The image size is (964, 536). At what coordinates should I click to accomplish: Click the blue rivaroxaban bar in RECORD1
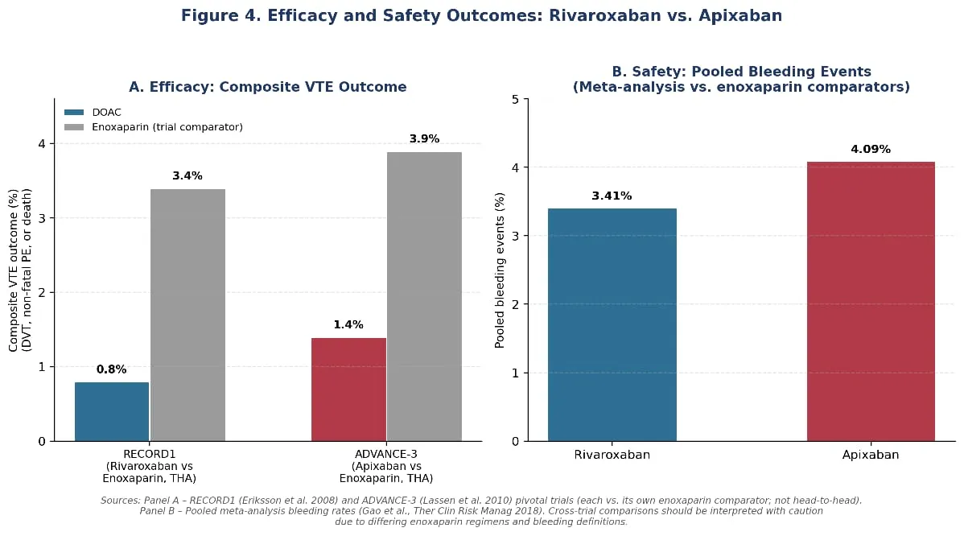pyautogui.click(x=112, y=412)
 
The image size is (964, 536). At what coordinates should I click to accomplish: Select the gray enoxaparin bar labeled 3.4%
pyautogui.click(x=187, y=315)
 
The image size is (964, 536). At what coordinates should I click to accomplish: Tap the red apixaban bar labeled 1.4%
pyautogui.click(x=348, y=390)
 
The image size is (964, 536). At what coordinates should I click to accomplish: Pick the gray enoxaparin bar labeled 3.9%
pyautogui.click(x=424, y=297)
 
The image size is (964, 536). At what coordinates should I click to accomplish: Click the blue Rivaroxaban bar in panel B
pyautogui.click(x=612, y=325)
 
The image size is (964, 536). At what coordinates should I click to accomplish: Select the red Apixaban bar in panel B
pyautogui.click(x=871, y=302)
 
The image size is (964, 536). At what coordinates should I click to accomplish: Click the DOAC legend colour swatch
pyautogui.click(x=74, y=113)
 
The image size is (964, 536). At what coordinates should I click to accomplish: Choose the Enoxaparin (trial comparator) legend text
pyautogui.click(x=167, y=127)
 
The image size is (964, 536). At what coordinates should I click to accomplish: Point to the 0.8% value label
pyautogui.click(x=111, y=369)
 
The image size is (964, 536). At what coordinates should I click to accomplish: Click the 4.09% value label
pyautogui.click(x=871, y=150)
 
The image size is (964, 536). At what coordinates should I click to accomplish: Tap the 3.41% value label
pyautogui.click(x=612, y=196)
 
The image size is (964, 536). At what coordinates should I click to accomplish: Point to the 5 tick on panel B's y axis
pyautogui.click(x=516, y=100)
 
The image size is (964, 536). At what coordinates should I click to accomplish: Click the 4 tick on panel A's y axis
pyautogui.click(x=42, y=144)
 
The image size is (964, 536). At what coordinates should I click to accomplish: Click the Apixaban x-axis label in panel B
pyautogui.click(x=871, y=455)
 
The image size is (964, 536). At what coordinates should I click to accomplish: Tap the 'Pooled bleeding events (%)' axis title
pyautogui.click(x=500, y=270)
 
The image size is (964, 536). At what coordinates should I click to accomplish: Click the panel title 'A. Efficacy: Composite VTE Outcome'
pyautogui.click(x=267, y=87)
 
